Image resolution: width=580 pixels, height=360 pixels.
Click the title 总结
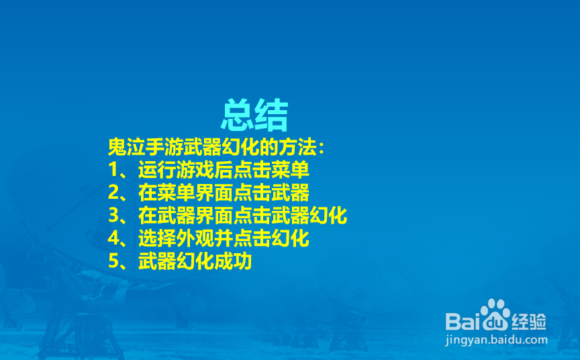254,116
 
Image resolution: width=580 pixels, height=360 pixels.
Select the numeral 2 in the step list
113,193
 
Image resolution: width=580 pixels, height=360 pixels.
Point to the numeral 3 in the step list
113,216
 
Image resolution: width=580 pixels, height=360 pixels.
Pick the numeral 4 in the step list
113,239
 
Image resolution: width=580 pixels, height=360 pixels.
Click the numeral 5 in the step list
113,262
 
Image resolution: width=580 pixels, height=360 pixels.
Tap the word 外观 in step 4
195,239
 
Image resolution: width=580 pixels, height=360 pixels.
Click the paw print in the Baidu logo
496,313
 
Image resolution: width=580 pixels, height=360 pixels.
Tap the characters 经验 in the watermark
528,318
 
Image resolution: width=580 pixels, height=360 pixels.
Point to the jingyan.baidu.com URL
496,340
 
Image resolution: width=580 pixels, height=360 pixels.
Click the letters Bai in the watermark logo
465,318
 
